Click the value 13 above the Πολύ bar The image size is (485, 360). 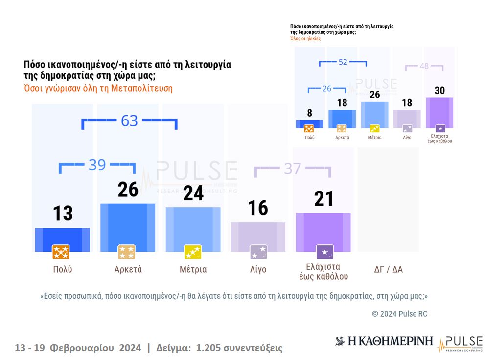pos(63,214)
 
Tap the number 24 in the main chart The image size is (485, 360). pos(193,193)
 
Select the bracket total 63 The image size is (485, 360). pos(129,120)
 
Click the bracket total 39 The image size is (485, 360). pos(97,165)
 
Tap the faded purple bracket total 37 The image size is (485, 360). pos(292,168)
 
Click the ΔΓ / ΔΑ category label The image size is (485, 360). pos(388,269)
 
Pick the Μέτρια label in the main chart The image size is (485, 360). pos(193,269)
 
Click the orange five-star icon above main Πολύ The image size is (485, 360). pos(61,252)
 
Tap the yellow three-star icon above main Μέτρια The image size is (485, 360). pos(192,252)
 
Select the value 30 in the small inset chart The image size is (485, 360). pos(439,91)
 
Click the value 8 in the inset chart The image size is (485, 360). pos(309,113)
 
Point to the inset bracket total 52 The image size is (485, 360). pos(343,62)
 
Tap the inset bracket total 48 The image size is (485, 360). pos(424,66)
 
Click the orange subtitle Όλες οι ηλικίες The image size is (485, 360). pos(305,38)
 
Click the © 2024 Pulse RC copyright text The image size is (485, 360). pos(399,314)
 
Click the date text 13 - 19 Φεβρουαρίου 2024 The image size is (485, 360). pos(78,348)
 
